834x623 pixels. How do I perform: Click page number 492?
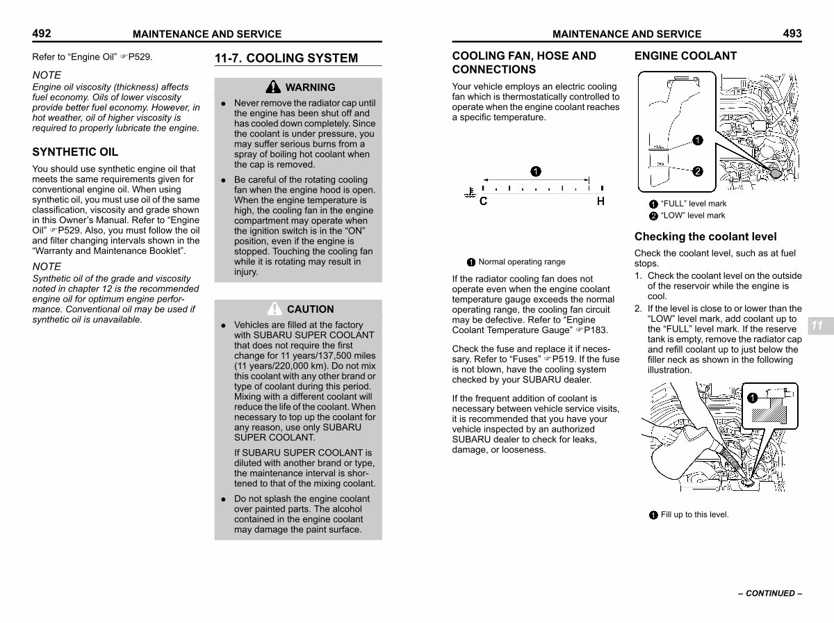[x=42, y=33]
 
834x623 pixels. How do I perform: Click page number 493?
[x=792, y=33]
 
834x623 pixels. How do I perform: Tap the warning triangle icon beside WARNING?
[x=273, y=87]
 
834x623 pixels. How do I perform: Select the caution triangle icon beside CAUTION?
[x=275, y=309]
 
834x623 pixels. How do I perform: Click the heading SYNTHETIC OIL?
[x=75, y=152]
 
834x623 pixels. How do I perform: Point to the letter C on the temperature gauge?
[x=483, y=201]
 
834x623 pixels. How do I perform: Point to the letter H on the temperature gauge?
[x=600, y=201]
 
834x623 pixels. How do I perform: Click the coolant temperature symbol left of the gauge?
[x=470, y=193]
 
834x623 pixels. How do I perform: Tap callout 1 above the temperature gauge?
[x=536, y=172]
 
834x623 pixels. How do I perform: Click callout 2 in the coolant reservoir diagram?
[x=698, y=172]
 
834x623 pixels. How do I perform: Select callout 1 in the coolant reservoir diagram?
[x=698, y=140]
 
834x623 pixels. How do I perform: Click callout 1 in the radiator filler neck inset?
[x=752, y=398]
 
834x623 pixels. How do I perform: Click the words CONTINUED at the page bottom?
[x=770, y=593]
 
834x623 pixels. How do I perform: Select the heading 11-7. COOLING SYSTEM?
[x=286, y=58]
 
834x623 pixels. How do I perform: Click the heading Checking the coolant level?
[x=705, y=236]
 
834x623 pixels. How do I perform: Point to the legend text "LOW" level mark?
[x=693, y=216]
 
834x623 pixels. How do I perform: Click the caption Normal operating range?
[x=522, y=262]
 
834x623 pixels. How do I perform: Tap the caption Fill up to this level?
[x=694, y=515]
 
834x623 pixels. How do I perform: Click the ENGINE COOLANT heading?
[x=685, y=56]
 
